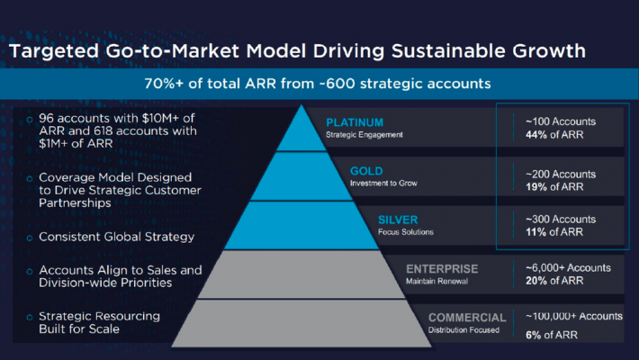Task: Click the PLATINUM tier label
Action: [355, 122]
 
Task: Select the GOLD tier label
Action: [366, 171]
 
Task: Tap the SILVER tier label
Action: [398, 220]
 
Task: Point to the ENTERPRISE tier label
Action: [442, 269]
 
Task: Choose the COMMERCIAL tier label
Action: [467, 318]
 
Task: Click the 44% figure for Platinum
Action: [536, 134]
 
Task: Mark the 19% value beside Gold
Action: [536, 186]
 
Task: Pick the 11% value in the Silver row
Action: [535, 232]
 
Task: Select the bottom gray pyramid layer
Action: [301, 324]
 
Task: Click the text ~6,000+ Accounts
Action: [568, 268]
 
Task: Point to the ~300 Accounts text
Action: [561, 220]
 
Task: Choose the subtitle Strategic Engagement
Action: [364, 135]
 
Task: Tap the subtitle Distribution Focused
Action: [463, 329]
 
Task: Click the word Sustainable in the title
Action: [448, 51]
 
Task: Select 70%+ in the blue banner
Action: [164, 84]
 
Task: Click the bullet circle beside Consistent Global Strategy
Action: [30, 238]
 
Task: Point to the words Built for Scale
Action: [79, 329]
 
